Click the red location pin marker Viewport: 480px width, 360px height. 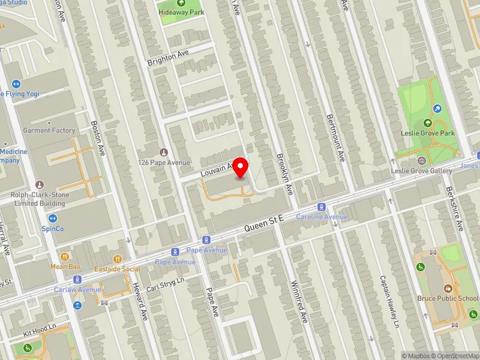pos(241,167)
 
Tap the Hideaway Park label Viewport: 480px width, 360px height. pos(181,12)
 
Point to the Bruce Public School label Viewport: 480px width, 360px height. pos(448,298)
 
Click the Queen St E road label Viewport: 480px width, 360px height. pos(264,225)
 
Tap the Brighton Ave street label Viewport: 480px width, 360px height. pos(168,58)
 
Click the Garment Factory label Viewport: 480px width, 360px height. pos(49,130)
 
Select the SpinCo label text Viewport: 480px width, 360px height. pos(53,229)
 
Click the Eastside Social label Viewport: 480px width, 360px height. pos(118,269)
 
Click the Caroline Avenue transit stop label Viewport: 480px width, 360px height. pos(322,216)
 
